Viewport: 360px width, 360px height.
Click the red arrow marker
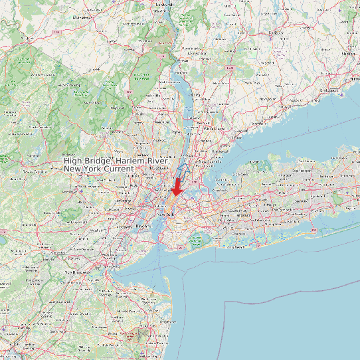[177, 187]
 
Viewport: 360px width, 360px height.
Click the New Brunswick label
[77, 273]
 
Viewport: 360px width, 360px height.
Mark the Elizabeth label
[125, 226]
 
